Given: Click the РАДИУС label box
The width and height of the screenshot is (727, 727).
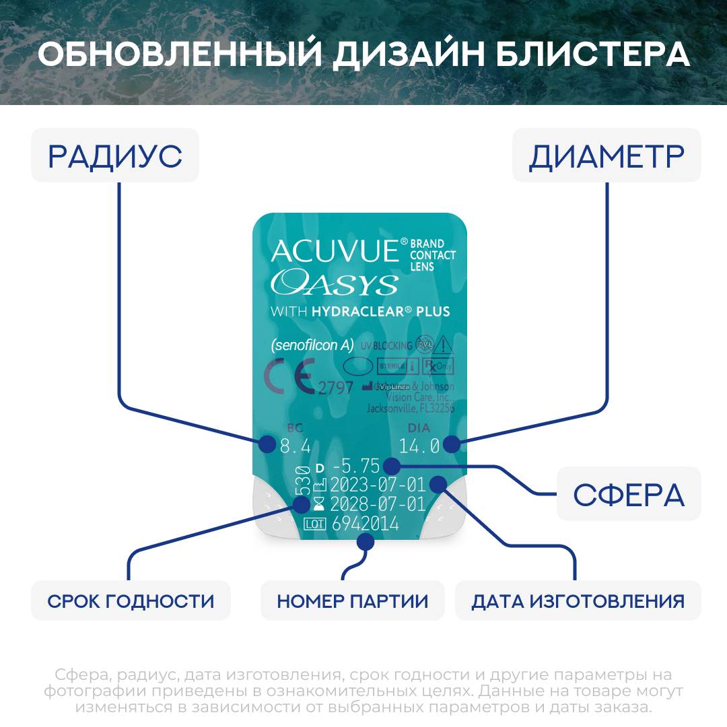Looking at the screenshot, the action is (115, 155).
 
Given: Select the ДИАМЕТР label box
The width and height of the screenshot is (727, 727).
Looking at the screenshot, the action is (607, 155).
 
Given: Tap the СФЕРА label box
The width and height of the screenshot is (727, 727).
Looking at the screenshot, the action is (628, 495).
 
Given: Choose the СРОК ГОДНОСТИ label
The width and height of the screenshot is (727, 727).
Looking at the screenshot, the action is (131, 600).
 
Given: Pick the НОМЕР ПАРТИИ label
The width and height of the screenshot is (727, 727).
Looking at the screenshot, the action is (353, 600).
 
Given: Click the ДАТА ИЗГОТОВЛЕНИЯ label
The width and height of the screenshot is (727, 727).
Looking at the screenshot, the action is (578, 600).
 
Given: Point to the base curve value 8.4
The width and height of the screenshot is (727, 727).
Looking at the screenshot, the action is (295, 446).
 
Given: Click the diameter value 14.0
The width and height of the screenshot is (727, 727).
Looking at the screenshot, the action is (419, 446).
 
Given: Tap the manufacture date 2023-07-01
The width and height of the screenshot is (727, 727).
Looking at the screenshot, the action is (378, 485).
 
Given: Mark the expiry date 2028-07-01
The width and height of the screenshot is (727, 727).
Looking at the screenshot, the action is (378, 505).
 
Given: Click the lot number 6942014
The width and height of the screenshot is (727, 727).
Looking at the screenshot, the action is (365, 524).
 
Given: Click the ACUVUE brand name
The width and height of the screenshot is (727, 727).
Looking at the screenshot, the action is (335, 251).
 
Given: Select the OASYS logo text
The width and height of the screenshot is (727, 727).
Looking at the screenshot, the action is (334, 283).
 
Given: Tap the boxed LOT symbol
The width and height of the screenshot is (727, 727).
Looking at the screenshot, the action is (315, 524).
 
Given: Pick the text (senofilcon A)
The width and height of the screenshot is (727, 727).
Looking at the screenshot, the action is (312, 345).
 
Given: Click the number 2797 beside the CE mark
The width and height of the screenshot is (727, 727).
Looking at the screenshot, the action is (335, 388).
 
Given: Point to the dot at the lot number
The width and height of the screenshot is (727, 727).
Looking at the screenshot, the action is (366, 541).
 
